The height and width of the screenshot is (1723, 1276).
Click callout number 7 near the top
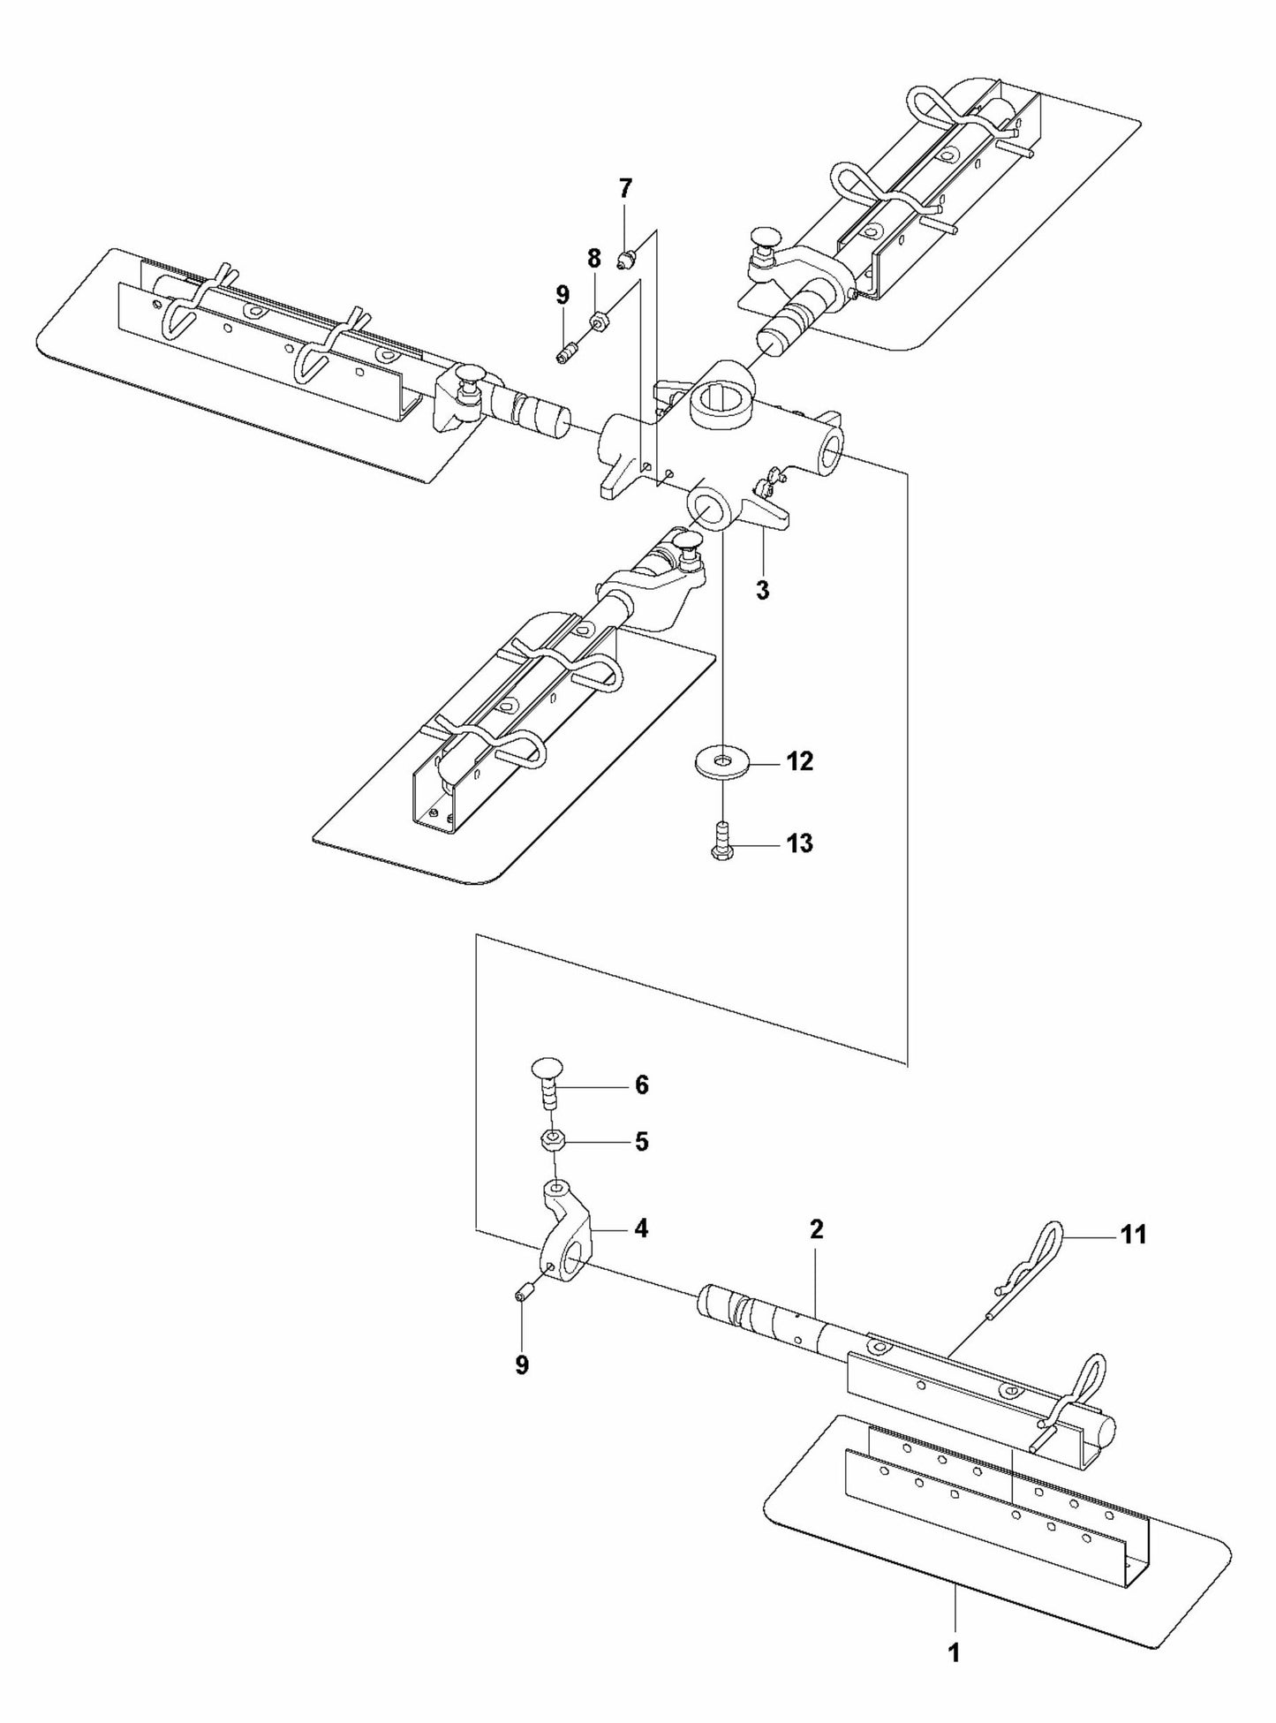click(x=625, y=188)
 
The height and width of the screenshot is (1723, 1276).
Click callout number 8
click(x=593, y=259)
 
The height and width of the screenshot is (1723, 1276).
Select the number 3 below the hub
click(x=762, y=590)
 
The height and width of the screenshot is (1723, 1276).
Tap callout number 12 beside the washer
click(x=799, y=760)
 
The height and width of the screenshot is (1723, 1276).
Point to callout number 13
click(x=799, y=843)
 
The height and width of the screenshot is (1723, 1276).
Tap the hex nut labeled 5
click(x=552, y=1140)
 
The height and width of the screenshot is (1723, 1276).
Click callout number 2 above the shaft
click(x=816, y=1228)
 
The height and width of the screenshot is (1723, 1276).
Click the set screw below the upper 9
click(x=565, y=355)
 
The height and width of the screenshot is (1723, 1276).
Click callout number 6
click(x=641, y=1084)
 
